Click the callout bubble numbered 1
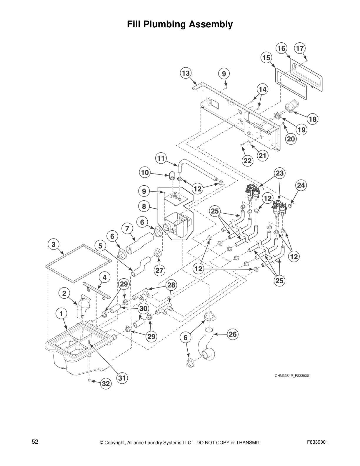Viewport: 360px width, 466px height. click(61, 314)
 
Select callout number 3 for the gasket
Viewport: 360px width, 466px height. click(54, 244)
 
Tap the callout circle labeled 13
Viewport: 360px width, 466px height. click(186, 73)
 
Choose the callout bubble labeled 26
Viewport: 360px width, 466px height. click(233, 334)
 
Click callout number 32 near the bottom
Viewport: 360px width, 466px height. click(106, 384)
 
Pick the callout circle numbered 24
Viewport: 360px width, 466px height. click(301, 185)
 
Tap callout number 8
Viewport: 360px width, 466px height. click(144, 206)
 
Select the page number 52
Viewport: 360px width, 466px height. click(35, 442)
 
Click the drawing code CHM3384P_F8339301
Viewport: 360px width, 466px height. click(293, 376)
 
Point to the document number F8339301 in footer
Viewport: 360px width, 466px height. click(317, 442)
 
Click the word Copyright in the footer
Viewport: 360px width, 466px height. click(116, 442)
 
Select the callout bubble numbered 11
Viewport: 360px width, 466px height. click(161, 159)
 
